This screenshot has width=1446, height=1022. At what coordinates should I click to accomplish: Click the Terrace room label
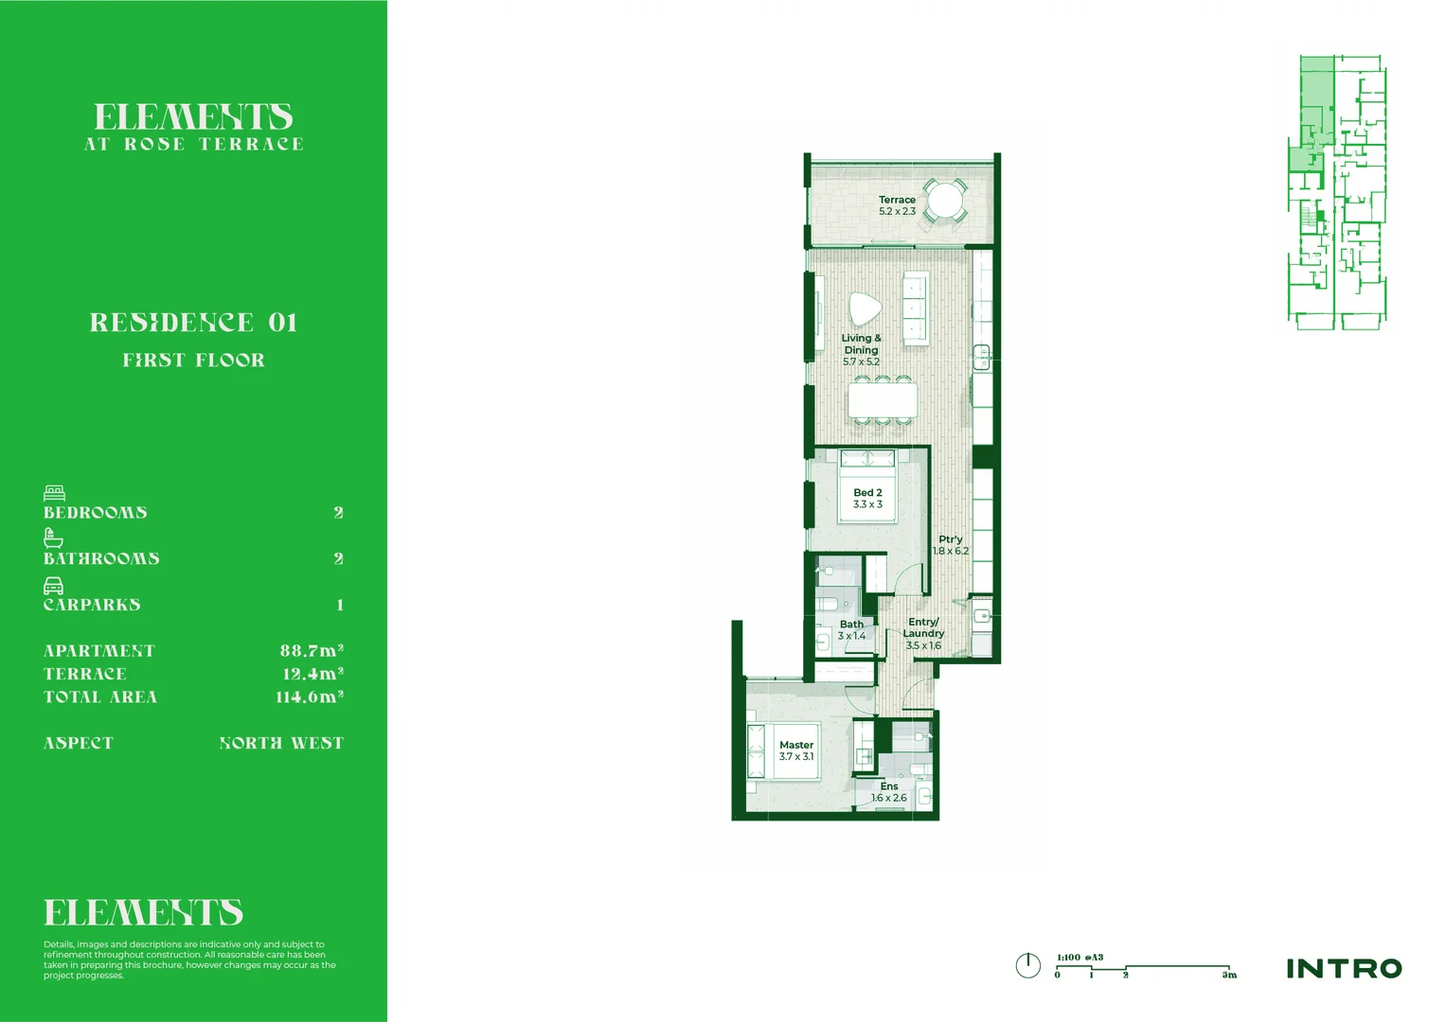point(897,201)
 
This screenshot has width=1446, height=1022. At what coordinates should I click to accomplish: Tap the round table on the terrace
point(944,201)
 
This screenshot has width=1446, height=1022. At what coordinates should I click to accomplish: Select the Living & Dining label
point(861,344)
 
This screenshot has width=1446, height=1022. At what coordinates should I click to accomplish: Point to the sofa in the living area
point(915,308)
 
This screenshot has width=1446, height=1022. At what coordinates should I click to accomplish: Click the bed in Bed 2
point(867,487)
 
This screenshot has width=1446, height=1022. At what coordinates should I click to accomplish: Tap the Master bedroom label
point(796,746)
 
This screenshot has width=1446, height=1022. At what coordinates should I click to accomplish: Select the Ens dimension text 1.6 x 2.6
point(889,799)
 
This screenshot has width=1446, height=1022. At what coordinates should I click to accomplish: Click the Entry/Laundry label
point(923,628)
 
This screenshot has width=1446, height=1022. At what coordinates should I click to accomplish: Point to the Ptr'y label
point(951,539)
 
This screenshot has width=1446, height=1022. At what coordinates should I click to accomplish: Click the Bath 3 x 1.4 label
point(851,630)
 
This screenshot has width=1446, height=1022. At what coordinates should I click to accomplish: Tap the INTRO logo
point(1344,969)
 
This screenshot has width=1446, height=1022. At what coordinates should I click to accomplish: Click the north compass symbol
point(1027,966)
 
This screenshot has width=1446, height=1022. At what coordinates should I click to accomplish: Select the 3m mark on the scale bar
point(1229,975)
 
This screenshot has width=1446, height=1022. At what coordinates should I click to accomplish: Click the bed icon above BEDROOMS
point(54,493)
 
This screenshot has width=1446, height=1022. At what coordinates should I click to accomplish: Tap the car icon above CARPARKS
point(54,586)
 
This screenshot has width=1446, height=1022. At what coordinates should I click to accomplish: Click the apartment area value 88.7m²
point(312,651)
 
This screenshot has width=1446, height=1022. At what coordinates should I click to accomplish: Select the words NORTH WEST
point(281,744)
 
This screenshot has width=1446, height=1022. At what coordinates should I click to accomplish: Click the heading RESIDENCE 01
point(194,323)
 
